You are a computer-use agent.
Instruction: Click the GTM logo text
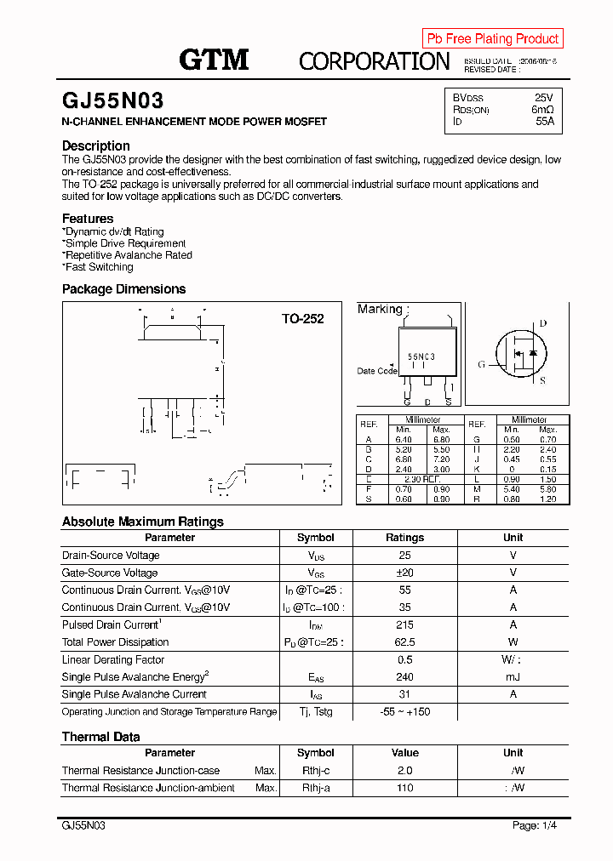[x=214, y=60]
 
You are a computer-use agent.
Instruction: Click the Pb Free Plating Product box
[x=492, y=38]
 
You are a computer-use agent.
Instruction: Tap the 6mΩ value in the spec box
[x=542, y=110]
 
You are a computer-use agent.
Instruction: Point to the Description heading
[x=96, y=145]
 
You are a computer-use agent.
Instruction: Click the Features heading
[x=88, y=219]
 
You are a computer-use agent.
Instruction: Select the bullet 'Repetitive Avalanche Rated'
[x=129, y=255]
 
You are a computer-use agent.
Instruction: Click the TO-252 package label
[x=303, y=319]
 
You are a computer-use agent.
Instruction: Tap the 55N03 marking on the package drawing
[x=421, y=357]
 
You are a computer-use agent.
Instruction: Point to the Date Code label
[x=376, y=371]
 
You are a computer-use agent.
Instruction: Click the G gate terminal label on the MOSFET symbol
[x=481, y=364]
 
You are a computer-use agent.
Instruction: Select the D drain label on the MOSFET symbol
[x=543, y=323]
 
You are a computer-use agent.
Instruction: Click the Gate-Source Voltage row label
[x=110, y=573]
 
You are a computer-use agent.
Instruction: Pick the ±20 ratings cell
[x=404, y=573]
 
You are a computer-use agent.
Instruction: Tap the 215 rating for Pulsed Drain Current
[x=404, y=624]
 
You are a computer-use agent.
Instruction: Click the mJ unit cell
[x=513, y=677]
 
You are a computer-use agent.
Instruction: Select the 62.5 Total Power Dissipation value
[x=404, y=642]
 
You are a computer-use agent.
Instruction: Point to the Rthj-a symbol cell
[x=315, y=788]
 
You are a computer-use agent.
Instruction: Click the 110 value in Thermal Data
[x=404, y=788]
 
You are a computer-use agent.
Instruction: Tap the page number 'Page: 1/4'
[x=535, y=825]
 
